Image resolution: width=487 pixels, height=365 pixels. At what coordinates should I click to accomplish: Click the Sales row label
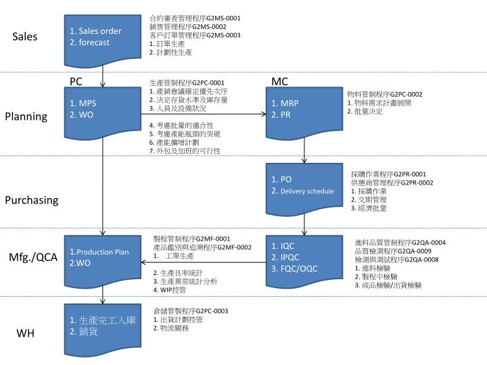click(x=24, y=36)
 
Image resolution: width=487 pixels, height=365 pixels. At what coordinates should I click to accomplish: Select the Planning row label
click(x=26, y=116)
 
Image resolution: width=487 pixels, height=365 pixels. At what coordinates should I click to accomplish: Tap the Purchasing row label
click(x=32, y=200)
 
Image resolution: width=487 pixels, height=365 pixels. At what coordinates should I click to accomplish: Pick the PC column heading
click(x=76, y=82)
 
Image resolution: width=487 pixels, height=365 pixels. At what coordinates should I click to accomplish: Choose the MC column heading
click(x=279, y=82)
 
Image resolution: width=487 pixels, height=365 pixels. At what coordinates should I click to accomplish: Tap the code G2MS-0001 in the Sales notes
click(x=223, y=18)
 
